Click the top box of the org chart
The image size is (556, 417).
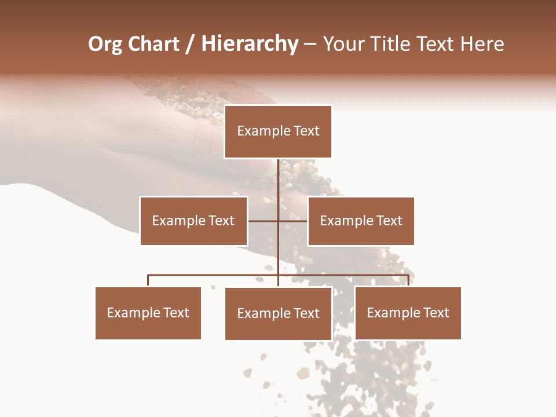pos(278,131)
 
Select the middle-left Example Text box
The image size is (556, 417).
pos(193,221)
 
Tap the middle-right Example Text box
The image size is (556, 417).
pos(361,221)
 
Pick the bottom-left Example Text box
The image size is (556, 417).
pos(148,313)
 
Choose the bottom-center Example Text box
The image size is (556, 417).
pos(278,313)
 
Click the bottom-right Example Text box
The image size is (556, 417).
pos(408,313)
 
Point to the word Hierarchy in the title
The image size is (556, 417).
pos(250,45)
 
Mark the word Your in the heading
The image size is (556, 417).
pos(345,45)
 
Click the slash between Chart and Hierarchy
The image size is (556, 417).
pos(190,45)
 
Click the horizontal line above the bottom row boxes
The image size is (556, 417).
pos(214,275)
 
